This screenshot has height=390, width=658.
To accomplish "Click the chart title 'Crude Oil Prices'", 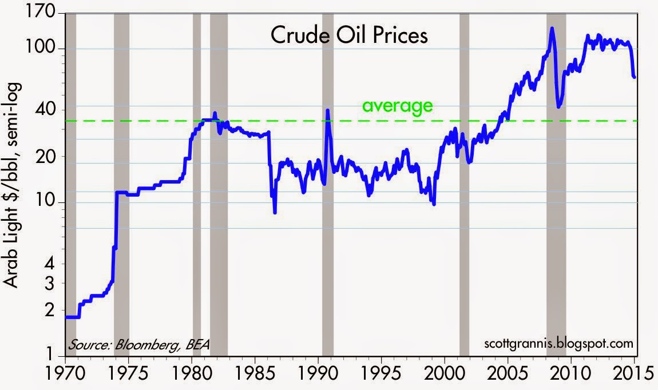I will point(349,37).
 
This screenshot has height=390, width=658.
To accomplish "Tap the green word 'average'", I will point(397,106).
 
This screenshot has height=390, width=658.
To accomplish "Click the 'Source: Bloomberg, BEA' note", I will point(139,345).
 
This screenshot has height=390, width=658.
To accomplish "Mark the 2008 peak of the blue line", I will point(552,28).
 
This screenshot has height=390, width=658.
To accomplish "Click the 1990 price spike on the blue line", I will point(327,110).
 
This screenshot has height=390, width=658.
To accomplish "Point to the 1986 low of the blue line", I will point(275,212).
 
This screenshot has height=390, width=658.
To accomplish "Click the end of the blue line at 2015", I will point(634,77).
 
